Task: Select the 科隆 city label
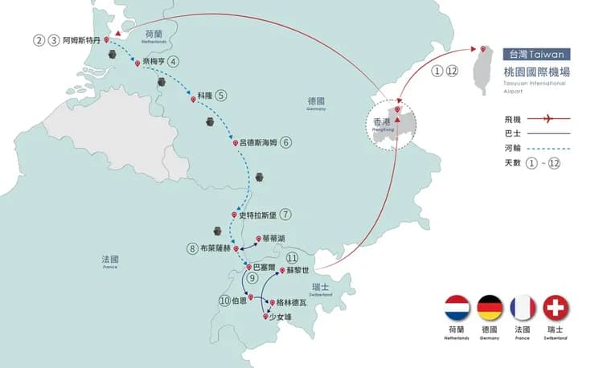coord(205,95)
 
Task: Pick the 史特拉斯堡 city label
coord(258,215)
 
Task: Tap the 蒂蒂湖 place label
coord(273,239)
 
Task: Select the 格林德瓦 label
coord(291,303)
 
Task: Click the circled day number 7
coord(286,215)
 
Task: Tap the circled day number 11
coord(292,258)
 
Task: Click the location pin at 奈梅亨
coord(137,63)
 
